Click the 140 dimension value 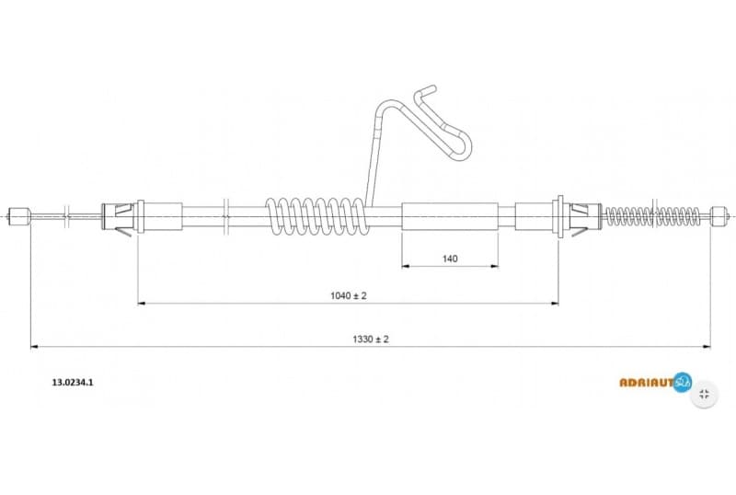[450, 259]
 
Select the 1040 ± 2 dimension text [349, 295]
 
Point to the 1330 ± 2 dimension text [370, 339]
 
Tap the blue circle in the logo [682, 381]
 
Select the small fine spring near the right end [650, 217]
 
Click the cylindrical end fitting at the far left [20, 217]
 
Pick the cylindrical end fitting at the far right [719, 217]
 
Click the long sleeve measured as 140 [450, 217]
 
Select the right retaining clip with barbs [580, 217]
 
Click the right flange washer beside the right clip [558, 217]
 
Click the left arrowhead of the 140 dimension [406, 267]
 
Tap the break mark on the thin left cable [68, 217]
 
